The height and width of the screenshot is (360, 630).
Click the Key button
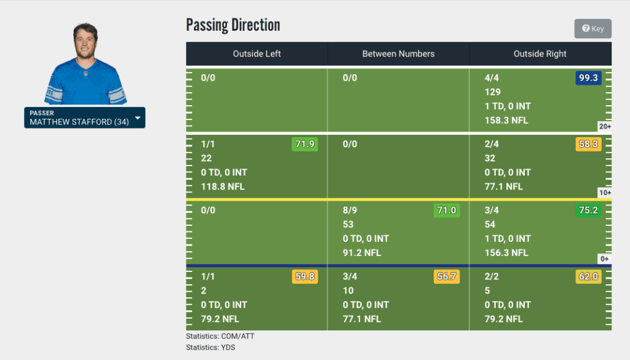point(593,28)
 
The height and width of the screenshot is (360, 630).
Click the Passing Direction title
point(233,25)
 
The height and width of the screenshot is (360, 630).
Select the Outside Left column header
point(257,54)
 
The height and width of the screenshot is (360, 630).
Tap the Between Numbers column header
point(398,54)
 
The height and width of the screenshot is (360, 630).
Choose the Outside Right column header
point(540,54)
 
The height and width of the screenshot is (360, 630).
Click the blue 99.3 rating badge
point(588,78)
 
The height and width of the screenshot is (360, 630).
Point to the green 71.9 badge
point(305,145)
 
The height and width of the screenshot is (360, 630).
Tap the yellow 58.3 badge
point(588,145)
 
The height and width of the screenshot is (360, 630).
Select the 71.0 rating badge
point(446,210)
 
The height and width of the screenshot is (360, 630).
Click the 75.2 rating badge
point(588,210)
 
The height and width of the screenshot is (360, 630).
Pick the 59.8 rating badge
point(305,277)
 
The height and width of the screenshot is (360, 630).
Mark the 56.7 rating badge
point(446,277)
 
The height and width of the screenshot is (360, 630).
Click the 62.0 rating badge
point(588,277)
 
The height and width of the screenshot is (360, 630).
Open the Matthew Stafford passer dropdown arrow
point(137,118)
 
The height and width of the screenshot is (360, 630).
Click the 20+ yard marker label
point(604,127)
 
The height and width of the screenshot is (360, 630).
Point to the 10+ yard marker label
point(604,193)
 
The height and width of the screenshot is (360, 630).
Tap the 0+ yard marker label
point(605,259)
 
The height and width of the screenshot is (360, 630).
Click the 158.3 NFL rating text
point(506,121)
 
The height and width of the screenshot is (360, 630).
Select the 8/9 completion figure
point(349,210)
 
